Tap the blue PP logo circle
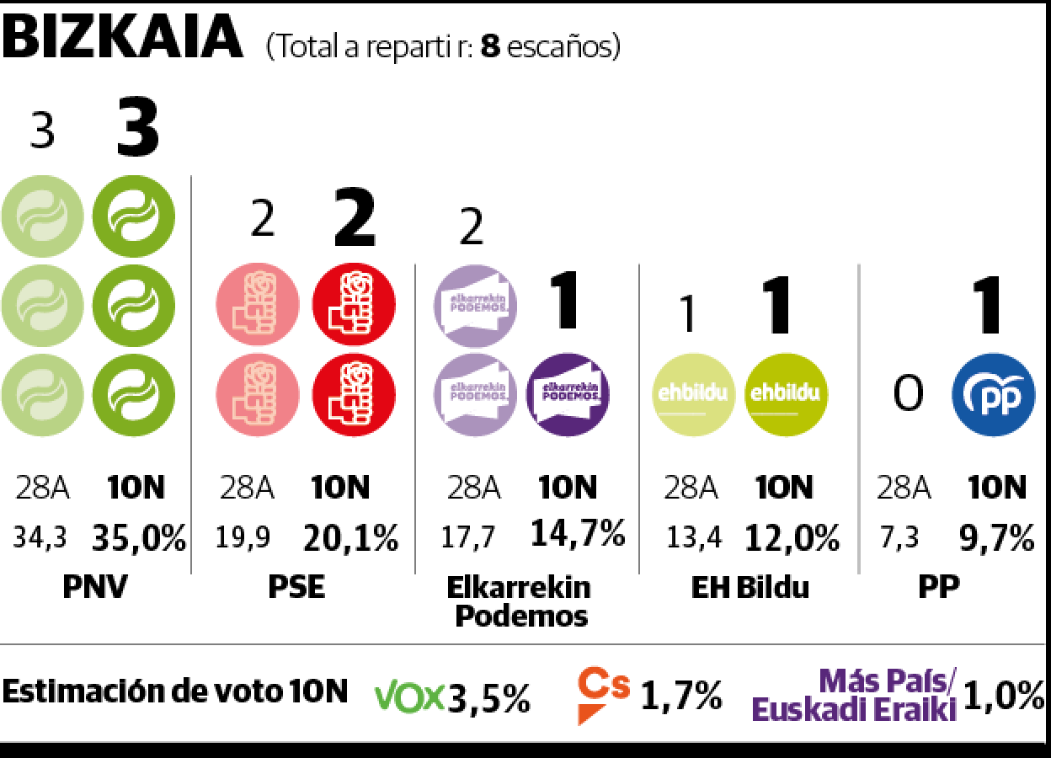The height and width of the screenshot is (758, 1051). [993, 394]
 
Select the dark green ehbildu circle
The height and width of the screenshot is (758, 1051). [787, 394]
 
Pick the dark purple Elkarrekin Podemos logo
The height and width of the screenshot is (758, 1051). [568, 394]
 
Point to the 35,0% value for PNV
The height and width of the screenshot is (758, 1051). [139, 538]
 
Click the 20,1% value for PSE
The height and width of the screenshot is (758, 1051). [349, 538]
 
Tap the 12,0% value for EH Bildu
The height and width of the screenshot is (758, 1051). [792, 536]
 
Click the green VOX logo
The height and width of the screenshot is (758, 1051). [409, 696]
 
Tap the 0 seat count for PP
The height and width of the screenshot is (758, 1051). [907, 394]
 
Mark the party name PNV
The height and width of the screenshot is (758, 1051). [94, 587]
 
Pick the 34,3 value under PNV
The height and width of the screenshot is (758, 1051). [40, 538]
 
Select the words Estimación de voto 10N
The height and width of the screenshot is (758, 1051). [175, 692]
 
